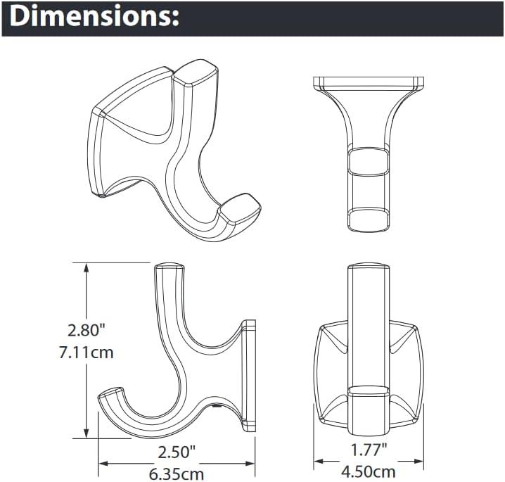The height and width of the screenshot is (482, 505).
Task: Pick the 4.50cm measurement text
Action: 368,472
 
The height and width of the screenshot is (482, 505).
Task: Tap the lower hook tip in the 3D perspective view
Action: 241,209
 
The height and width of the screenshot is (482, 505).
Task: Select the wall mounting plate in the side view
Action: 249,376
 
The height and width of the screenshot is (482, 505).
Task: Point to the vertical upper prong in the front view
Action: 369,317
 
